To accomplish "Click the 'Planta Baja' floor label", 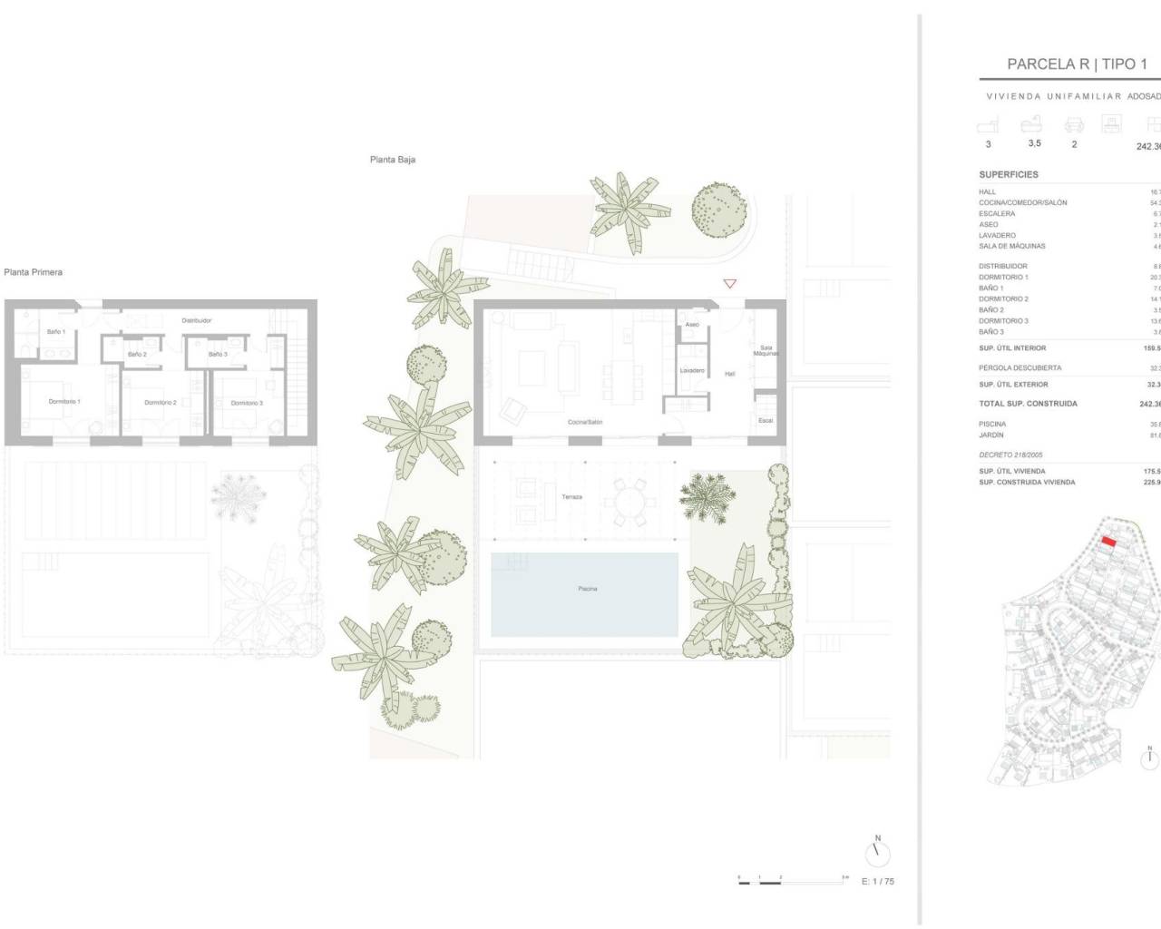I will coord(393,160).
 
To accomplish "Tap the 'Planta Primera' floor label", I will coord(34,272).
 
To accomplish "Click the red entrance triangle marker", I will coord(729,284).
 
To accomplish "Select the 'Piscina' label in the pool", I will coord(588,589).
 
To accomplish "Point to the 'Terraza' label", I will coord(571,497).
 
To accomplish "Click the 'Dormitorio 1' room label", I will coord(64,401).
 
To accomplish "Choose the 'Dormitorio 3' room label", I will coord(247,403).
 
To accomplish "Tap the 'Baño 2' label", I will coord(137,354).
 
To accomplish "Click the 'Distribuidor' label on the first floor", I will coord(197,320).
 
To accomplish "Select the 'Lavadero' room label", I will coord(692,370).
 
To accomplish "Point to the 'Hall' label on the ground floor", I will coord(729,374).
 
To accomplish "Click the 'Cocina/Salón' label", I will coord(585,422).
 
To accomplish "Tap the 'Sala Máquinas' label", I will coord(766,350).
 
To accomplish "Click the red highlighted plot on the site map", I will coord(1107,542).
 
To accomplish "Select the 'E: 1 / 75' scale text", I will coord(877,881).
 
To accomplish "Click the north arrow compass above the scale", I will coord(877,852).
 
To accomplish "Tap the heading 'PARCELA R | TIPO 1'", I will coord(1077,64).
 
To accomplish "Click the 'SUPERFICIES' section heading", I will coord(1009,174).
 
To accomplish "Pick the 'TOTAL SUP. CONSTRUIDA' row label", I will coord(1028,404).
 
